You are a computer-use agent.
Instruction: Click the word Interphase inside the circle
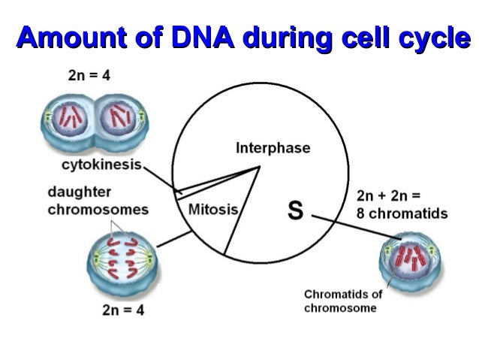tap(273, 148)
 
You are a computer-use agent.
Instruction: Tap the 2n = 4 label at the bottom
tap(122, 311)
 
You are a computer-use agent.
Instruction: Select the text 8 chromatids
tap(402, 213)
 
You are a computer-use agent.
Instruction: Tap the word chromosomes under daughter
tap(98, 210)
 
